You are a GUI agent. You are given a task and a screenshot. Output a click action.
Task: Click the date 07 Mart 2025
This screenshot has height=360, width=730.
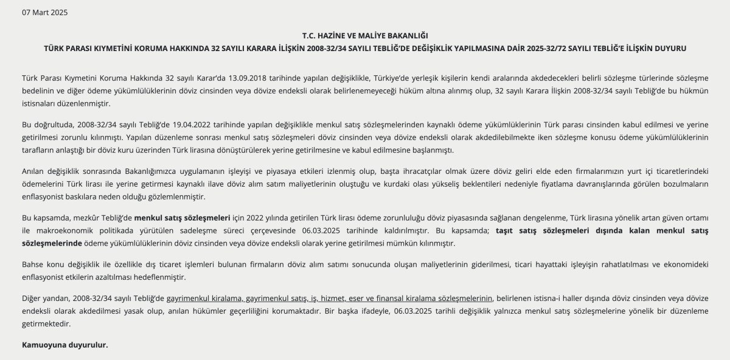(45, 12)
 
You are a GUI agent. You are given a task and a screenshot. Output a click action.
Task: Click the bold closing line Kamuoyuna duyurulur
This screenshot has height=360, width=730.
(64, 345)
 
